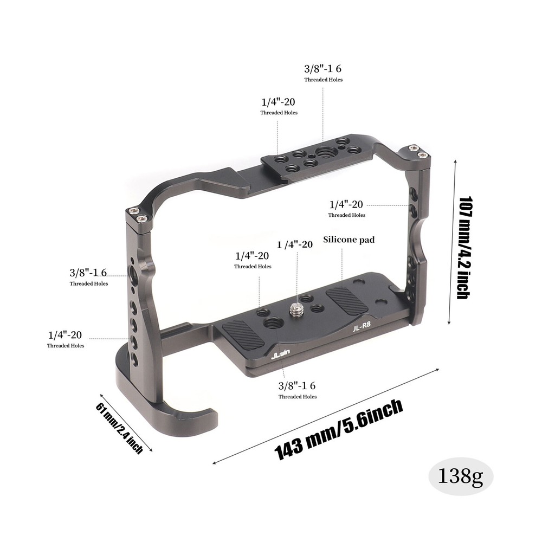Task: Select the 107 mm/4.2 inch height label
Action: coord(463,247)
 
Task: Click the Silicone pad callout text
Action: coord(349,239)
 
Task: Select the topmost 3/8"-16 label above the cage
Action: coord(323,69)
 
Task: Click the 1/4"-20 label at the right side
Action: coord(346,204)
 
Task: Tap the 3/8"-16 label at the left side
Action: coord(89,272)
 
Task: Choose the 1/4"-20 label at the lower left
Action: coord(65,334)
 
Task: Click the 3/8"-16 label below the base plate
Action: coord(297,385)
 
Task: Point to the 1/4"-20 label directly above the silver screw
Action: coord(295,244)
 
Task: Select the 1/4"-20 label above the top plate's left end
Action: coord(278,101)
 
